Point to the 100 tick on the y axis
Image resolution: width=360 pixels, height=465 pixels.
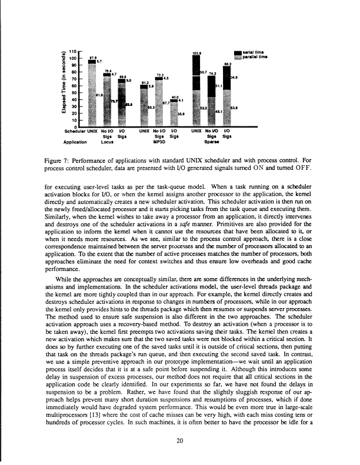[x=72, y=59]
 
